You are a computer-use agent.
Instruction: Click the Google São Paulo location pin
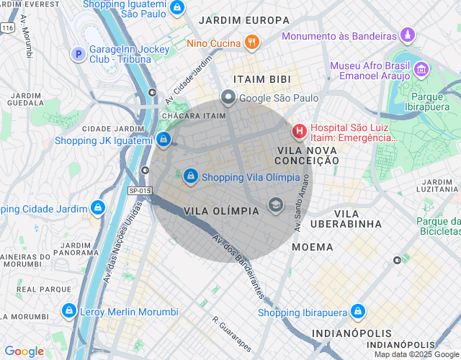[228, 97]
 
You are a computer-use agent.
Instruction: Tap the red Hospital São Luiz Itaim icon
[298, 132]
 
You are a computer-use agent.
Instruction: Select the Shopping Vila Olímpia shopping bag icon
[190, 176]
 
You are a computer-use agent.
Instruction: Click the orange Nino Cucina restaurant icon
[251, 42]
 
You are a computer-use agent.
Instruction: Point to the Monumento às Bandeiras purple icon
[408, 35]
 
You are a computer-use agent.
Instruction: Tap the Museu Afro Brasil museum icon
[421, 70]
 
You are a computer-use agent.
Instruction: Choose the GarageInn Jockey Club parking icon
[78, 53]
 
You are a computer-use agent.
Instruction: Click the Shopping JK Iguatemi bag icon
[164, 140]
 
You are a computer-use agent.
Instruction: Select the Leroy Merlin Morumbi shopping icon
[68, 311]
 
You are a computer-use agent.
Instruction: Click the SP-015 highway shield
[140, 190]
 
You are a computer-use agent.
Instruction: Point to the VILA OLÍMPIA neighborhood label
[222, 211]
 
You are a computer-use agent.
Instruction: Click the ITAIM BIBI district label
[261, 78]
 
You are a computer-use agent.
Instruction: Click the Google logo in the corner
[24, 351]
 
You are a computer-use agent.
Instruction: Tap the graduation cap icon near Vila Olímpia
[274, 206]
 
